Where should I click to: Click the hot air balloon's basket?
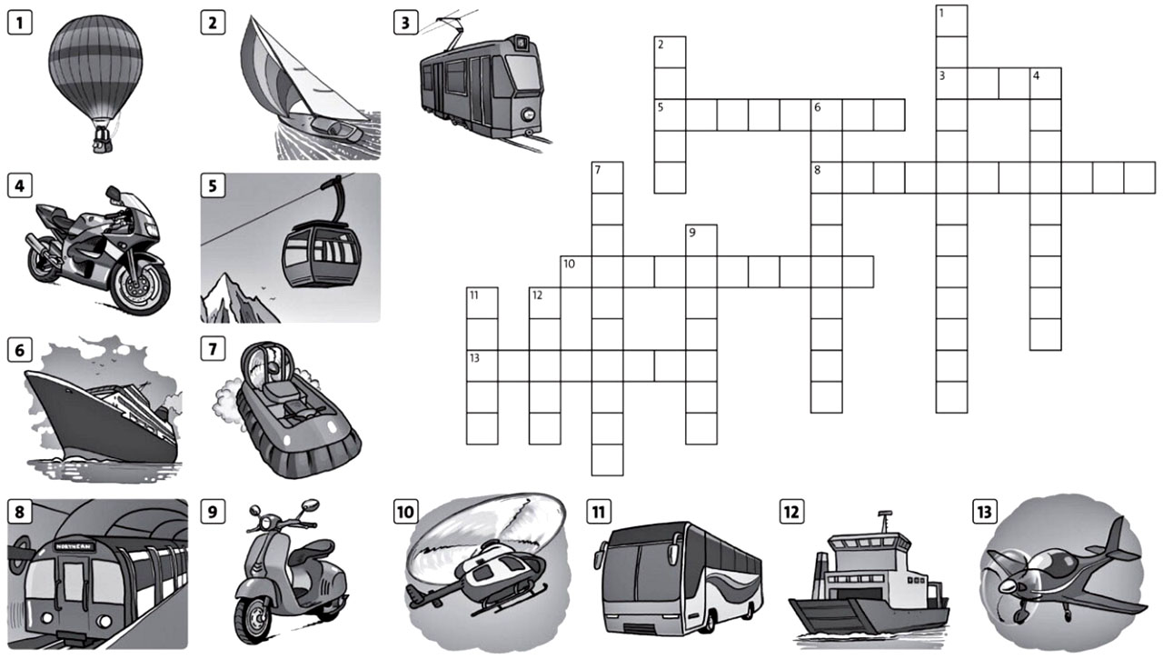pos(102,141)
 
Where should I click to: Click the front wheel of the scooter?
pos(252,618)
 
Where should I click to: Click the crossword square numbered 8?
pos(826,178)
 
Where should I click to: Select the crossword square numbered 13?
pos(482,365)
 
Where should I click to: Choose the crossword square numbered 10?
pos(575,272)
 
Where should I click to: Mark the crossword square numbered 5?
pos(670,115)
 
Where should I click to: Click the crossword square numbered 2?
pos(670,52)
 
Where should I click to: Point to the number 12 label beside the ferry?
pos(791,512)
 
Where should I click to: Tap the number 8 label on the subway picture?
pos(19,512)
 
